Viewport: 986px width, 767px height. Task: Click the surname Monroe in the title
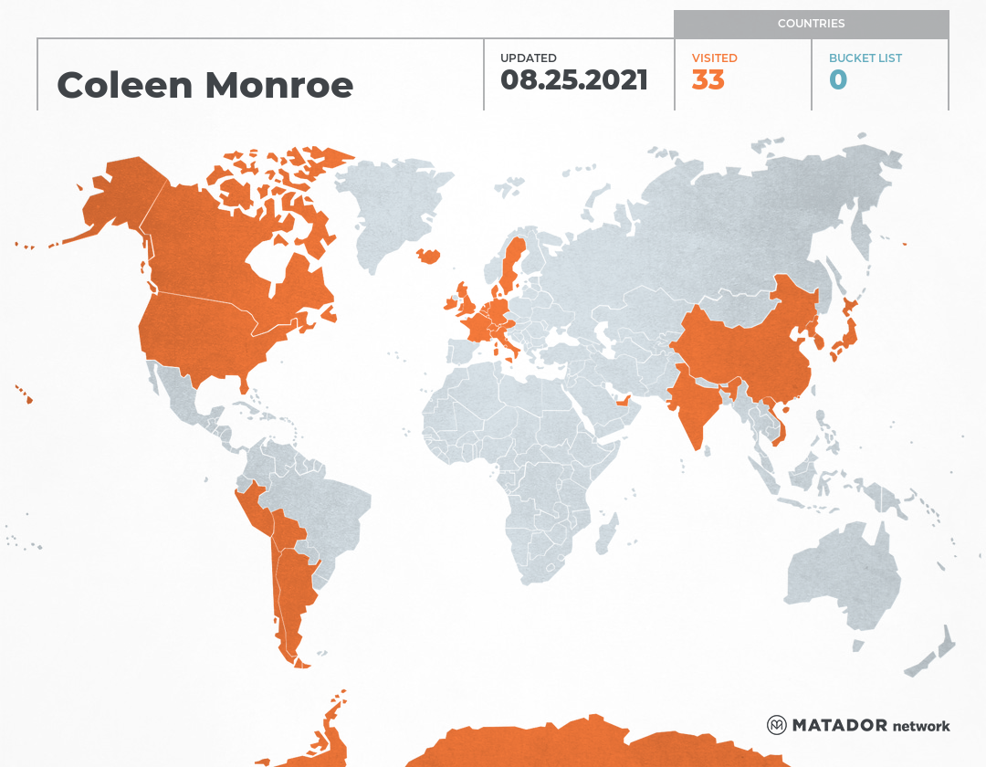(x=278, y=85)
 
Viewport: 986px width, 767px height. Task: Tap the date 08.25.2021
(x=574, y=80)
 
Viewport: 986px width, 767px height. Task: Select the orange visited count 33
(x=708, y=80)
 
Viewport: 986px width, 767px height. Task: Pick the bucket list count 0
(x=838, y=80)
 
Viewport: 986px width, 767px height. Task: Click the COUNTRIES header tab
(x=811, y=24)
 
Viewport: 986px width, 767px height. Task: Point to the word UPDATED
(x=528, y=58)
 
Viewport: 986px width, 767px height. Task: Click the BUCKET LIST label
(x=865, y=58)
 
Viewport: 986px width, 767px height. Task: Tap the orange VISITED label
(x=714, y=58)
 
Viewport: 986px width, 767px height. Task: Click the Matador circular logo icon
(x=777, y=725)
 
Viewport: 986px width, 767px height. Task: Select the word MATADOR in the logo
(x=839, y=725)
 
